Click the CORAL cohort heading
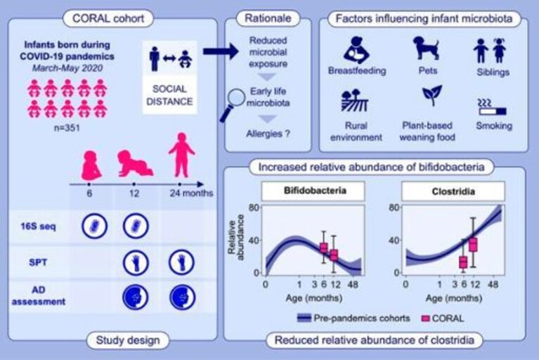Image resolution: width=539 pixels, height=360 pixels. click(x=108, y=18)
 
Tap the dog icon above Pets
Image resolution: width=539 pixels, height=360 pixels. click(x=427, y=48)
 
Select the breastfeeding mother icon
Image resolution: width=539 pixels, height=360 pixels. click(x=356, y=50)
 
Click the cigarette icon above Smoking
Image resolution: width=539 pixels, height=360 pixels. click(x=492, y=108)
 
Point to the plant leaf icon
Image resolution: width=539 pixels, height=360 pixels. click(x=431, y=95)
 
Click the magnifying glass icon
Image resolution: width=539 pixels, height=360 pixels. click(x=233, y=104)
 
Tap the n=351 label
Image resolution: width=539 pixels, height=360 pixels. click(x=67, y=128)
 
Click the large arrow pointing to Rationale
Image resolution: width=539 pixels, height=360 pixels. click(x=221, y=51)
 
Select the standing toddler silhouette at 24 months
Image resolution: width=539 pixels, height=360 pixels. click(x=181, y=155)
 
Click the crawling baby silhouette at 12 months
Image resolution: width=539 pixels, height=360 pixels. click(x=135, y=163)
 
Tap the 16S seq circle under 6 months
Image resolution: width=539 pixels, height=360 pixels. click(x=94, y=226)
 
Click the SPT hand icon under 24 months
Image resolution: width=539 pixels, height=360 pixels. click(x=181, y=262)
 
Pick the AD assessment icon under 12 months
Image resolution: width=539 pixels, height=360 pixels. click(x=136, y=297)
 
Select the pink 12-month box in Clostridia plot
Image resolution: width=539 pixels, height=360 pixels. click(x=474, y=245)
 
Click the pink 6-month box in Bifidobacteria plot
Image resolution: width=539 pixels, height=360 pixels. click(x=324, y=247)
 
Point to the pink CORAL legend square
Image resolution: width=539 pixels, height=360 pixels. click(x=426, y=319)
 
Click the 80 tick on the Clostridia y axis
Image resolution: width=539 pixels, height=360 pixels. click(x=394, y=207)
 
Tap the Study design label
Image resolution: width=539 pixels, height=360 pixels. click(x=128, y=340)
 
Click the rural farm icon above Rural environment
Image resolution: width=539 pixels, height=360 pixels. click(x=354, y=101)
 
